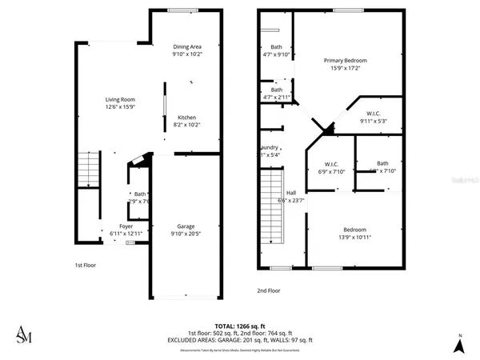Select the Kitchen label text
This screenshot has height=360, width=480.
point(186,121)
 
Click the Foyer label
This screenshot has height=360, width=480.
point(126,230)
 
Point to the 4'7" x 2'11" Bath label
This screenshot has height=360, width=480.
point(276,94)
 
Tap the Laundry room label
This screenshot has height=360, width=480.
point(270,151)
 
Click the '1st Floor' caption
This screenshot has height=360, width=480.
point(86,265)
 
